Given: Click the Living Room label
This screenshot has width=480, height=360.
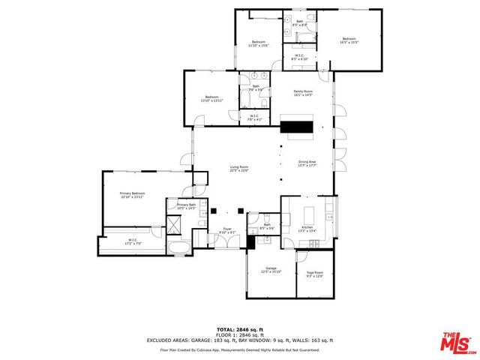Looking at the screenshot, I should tap(238, 168).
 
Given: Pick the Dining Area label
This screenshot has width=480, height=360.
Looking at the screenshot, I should tap(307, 163).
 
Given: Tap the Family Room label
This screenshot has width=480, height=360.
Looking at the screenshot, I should tap(302, 91).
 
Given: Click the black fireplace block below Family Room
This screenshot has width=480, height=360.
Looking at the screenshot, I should tap(295, 127).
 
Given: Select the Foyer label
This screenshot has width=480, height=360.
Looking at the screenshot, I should tap(226, 230).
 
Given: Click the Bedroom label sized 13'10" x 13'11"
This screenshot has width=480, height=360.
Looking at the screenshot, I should tap(211, 98).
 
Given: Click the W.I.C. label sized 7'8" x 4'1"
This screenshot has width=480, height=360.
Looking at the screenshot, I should tap(255, 116).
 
